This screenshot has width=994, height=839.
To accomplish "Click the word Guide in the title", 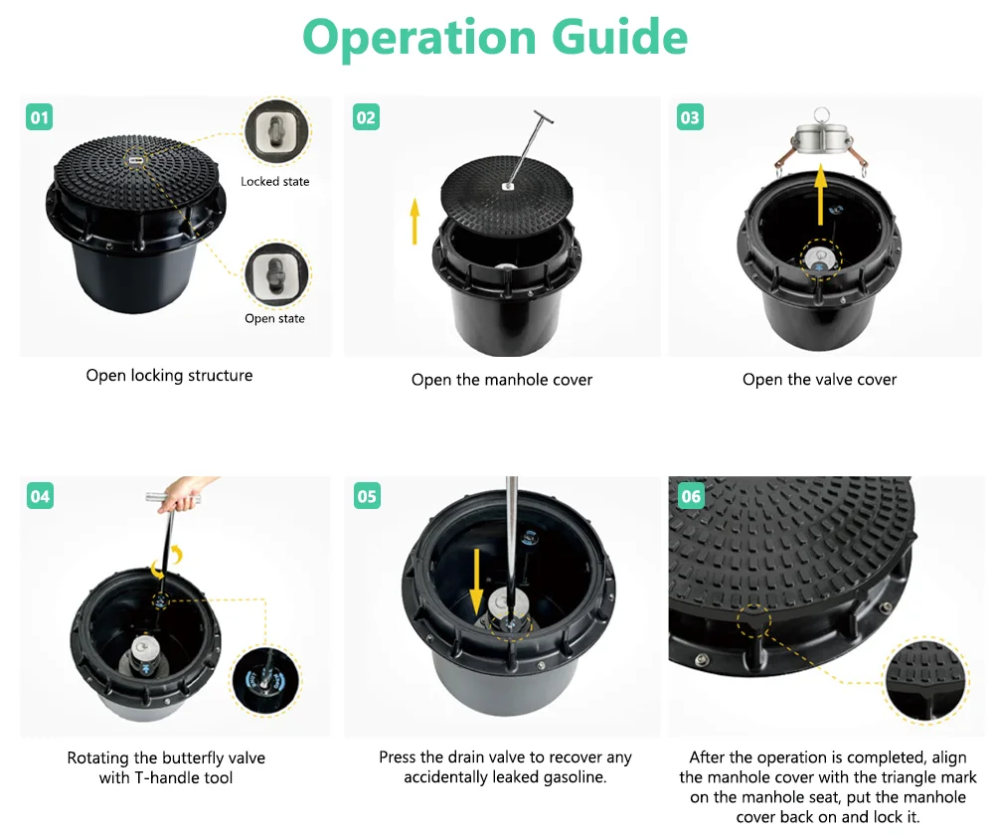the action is pos(619,37).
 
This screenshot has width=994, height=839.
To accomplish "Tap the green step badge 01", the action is pos(40,117).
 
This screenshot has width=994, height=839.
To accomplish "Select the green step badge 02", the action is pos(366,117).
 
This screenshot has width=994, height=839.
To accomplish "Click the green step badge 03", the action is pos(690,117).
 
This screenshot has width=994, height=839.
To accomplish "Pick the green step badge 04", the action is pos(40,496).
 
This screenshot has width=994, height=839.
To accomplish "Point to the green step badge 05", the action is pos(367,496).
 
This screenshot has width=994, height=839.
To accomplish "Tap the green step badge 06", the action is pos(691,496).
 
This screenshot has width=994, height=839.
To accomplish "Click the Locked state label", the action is pos(275,181).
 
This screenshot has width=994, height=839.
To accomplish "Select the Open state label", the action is pos(274,318).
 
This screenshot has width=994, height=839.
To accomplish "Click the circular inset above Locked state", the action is pos(277,132).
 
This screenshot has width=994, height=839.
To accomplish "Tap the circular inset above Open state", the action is pos(276,274).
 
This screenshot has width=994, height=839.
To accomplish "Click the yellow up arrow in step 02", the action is pos(414,221).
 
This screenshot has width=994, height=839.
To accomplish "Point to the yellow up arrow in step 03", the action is pos(820,194).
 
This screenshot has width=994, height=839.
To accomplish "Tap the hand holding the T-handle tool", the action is pos(181,495).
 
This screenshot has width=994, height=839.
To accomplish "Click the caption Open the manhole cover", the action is pos(501,380).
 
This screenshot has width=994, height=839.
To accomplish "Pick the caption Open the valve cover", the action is pos(820,379).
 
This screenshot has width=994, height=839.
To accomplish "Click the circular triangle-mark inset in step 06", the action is pos(925,680).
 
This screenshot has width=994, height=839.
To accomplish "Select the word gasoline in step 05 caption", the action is pos(578,777).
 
